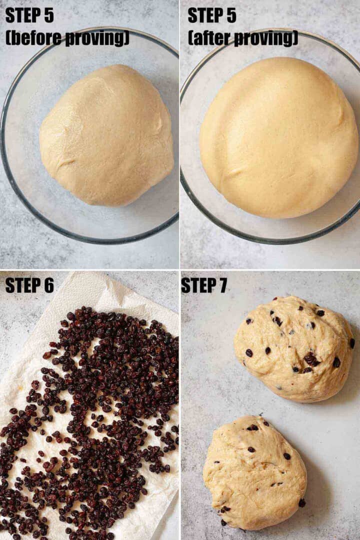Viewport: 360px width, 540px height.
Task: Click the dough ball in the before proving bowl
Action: coord(106,136)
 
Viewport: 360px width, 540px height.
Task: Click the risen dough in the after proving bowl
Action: coord(278,138)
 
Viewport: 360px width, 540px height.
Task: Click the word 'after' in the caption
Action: coord(210,38)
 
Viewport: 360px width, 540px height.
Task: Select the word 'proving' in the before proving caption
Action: coord(97,38)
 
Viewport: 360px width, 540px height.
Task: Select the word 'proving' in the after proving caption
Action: coord(266,38)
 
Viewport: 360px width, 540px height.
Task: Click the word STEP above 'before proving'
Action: coord(21,15)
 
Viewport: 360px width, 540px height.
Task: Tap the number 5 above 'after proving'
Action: coord(231,15)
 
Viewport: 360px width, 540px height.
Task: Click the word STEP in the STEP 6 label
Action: coord(21,285)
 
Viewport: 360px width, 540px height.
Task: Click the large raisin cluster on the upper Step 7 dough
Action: coord(311,359)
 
